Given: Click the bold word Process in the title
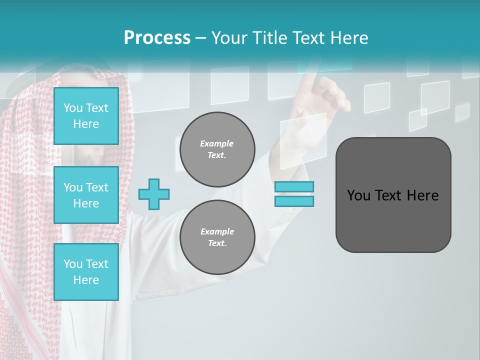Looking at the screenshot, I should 157,38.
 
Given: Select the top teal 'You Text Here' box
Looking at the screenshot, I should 86,116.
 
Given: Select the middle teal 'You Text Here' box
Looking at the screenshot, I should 86,195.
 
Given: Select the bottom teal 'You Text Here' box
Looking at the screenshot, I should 86,272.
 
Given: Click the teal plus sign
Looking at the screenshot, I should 154,194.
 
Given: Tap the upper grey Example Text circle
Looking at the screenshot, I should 217,149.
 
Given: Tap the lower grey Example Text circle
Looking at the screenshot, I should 217,237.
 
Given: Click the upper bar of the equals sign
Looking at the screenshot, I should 294,186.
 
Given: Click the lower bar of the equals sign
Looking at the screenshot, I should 294,201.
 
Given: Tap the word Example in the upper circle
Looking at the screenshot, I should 217,143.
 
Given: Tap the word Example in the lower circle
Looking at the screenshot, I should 217,231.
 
